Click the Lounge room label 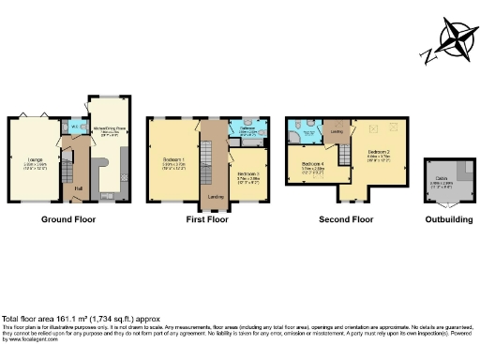pyautogui.click(x=34, y=161)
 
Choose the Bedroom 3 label pyautogui.click(x=247, y=175)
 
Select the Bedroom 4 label pyautogui.click(x=312, y=165)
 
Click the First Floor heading pyautogui.click(x=206, y=219)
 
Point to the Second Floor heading pyautogui.click(x=344, y=219)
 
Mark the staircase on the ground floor pyautogui.click(x=67, y=172)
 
